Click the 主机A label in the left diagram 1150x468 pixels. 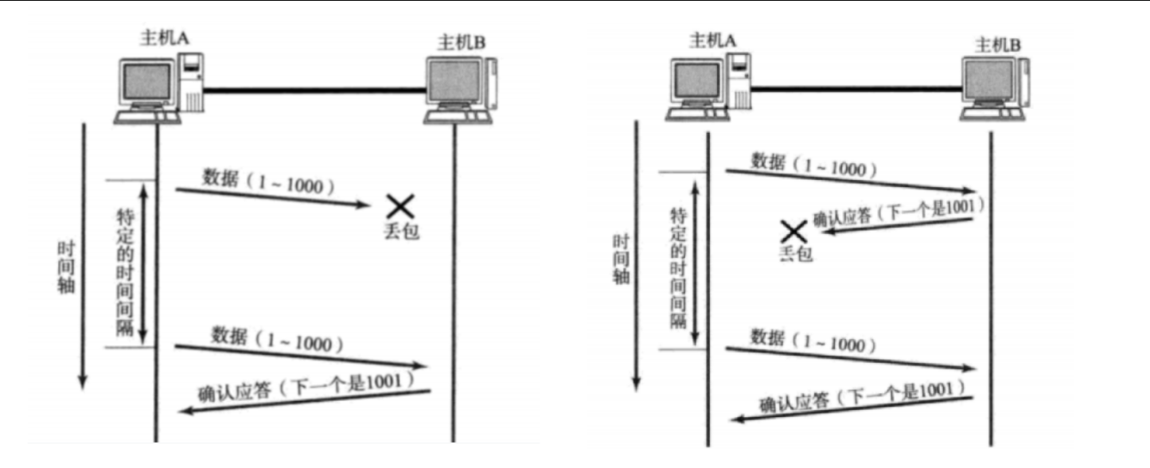tap(159, 37)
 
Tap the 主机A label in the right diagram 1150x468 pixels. tap(710, 38)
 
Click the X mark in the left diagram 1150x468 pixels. tap(400, 207)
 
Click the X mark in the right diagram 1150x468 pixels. tap(793, 232)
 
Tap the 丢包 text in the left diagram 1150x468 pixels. tap(400, 232)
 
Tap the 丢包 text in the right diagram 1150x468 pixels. tap(794, 255)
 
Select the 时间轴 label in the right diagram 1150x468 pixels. tap(621, 259)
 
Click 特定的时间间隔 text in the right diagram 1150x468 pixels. tap(678, 268)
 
